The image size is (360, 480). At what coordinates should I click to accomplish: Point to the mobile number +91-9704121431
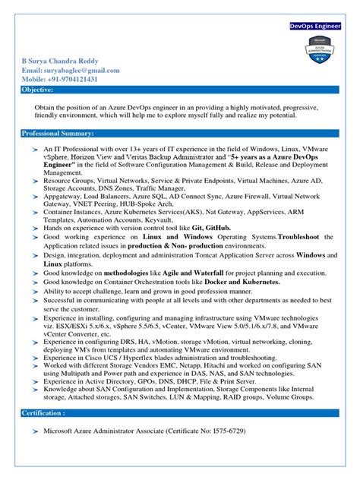68,80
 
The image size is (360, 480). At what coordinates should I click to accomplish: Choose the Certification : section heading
43,412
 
